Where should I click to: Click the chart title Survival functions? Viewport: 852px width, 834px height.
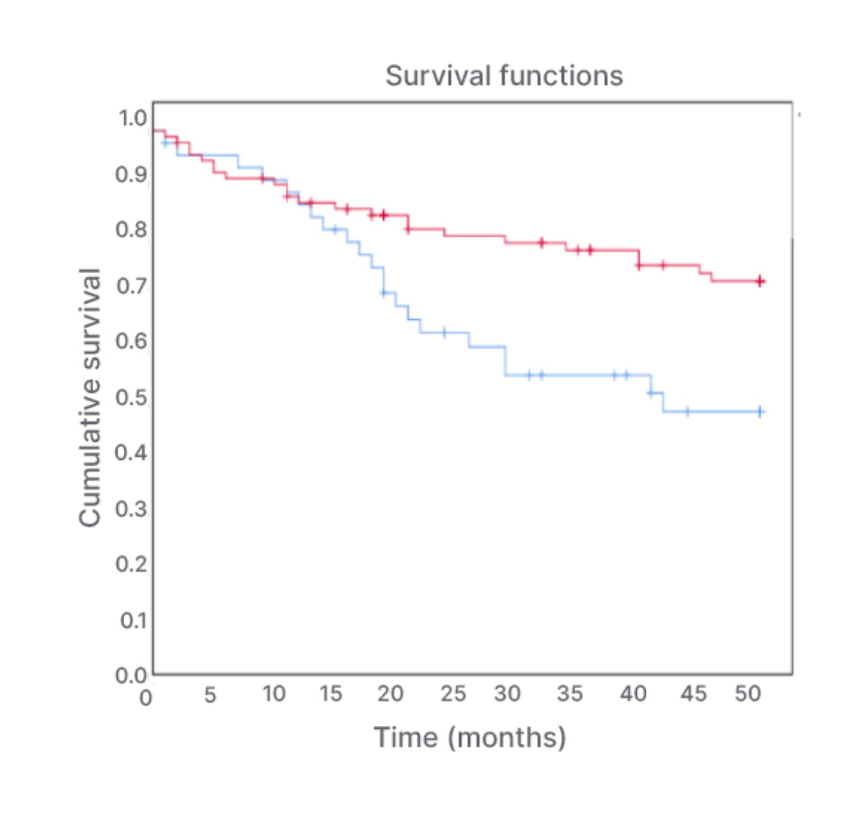pos(504,75)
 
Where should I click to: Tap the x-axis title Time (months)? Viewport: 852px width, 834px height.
pos(470,736)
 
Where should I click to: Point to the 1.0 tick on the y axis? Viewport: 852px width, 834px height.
pos(134,117)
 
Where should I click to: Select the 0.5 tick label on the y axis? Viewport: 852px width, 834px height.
pos(134,396)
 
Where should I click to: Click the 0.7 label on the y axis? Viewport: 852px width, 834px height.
pos(134,285)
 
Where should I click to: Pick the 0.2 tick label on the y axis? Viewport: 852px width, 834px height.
pos(134,564)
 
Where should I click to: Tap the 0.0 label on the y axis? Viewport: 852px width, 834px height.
pos(134,675)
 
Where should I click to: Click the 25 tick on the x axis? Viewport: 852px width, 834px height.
pos(454,694)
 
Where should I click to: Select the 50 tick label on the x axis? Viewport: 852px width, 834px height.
pos(748,694)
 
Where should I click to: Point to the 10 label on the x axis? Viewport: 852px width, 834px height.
pos(274,694)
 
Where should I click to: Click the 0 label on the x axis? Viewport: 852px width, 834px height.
pos(147,698)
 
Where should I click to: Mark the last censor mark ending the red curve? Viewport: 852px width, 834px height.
pos(760,281)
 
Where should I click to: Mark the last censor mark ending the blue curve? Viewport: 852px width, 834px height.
pos(760,412)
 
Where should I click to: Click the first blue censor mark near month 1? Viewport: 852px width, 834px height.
pos(165,142)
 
